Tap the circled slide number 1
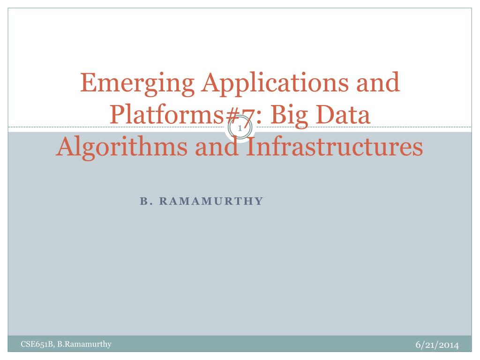pyautogui.click(x=240, y=128)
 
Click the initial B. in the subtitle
pyautogui.click(x=144, y=201)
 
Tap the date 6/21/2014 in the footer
pyautogui.click(x=436, y=345)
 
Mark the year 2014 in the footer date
pyautogui.click(x=448, y=345)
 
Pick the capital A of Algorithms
pyautogui.click(x=65, y=147)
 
